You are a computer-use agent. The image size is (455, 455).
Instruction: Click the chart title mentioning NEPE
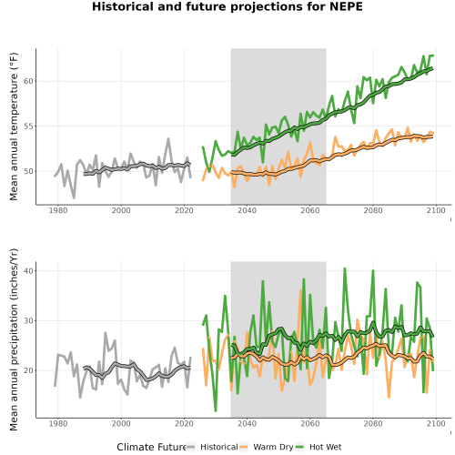point(227,6)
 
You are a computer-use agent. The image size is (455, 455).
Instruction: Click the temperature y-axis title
point(14,126)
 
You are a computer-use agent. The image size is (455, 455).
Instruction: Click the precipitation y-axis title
point(14,339)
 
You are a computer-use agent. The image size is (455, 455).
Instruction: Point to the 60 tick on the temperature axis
point(28,81)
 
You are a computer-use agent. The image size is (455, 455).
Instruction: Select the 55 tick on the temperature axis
point(28,126)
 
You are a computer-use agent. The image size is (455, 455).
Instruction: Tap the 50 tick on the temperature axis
point(28,171)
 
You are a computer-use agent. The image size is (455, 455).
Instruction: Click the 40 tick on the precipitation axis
point(28,270)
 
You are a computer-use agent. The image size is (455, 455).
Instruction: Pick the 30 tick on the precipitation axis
point(28,320)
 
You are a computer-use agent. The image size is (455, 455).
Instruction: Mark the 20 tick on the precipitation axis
point(28,370)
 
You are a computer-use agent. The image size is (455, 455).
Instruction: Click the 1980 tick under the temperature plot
point(58,210)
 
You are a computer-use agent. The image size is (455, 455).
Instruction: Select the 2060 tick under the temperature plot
point(310,210)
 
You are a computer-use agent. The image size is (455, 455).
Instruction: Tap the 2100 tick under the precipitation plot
point(436,423)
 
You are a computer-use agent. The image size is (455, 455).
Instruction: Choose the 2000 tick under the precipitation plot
point(121,423)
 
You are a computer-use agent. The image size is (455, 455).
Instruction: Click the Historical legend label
point(219,447)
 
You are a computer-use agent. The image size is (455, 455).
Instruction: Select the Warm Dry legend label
point(273,447)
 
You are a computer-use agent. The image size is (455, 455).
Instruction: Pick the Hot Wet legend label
point(326,447)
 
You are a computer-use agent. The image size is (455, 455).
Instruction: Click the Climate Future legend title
point(151,447)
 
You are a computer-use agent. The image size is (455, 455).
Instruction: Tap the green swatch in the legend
point(299,447)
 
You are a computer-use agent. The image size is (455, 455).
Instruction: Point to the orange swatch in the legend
point(244,447)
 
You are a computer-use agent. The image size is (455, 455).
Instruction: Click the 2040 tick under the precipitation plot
point(247,423)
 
